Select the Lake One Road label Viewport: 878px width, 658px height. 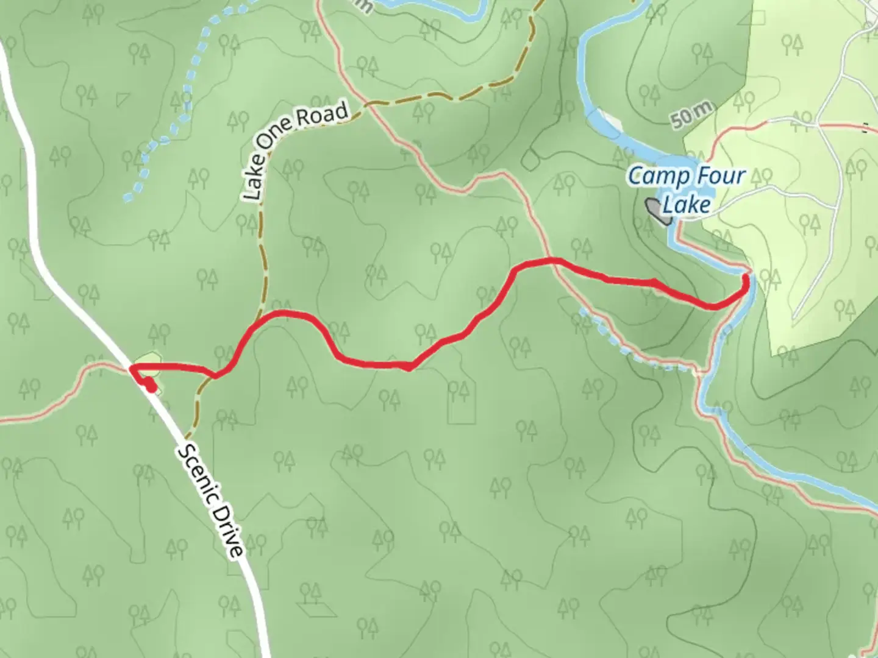pyautogui.click(x=295, y=152)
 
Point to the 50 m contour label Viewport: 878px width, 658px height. pyautogui.click(x=692, y=115)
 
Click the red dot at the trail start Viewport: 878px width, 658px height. pyautogui.click(x=149, y=386)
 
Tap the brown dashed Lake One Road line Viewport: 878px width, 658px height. pyautogui.click(x=264, y=256)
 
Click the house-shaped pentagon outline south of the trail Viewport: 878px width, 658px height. pyautogui.click(x=461, y=402)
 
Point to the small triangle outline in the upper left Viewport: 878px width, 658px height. pyautogui.click(x=124, y=98)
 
